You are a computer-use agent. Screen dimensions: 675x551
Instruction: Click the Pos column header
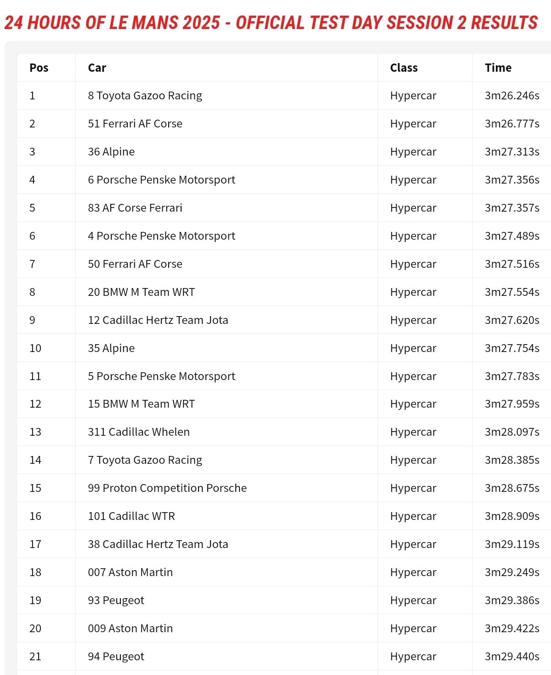pos(39,68)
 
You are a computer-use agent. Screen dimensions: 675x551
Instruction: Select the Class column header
pos(403,68)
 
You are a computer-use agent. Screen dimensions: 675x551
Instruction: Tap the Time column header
pos(498,68)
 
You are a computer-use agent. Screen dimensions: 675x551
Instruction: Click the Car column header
pos(97,68)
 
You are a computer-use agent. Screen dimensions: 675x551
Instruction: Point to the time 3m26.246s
pos(511,96)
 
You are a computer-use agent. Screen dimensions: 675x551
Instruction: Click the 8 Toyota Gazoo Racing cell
pos(145,96)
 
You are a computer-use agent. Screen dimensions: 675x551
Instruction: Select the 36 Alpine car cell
pos(111,152)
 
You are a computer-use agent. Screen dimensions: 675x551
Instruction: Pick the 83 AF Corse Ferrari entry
pos(135,208)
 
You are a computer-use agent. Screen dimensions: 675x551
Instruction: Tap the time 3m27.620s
pos(511,320)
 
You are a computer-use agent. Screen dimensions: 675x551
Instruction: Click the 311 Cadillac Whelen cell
pos(138,432)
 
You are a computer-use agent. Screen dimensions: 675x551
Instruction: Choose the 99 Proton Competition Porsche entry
pos(167,488)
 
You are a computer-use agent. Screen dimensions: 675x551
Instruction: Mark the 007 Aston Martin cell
pos(130,572)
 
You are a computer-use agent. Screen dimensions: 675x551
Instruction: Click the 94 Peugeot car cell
pos(116,657)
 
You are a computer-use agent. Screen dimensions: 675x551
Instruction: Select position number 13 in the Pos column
pos(35,432)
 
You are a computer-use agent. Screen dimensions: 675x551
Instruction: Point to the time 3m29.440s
pos(511,657)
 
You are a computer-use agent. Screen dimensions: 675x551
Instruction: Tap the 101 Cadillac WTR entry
pos(131,516)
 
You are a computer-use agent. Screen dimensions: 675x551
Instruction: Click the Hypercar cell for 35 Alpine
pos(413,348)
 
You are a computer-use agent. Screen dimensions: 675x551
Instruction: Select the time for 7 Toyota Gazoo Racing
pos(511,460)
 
